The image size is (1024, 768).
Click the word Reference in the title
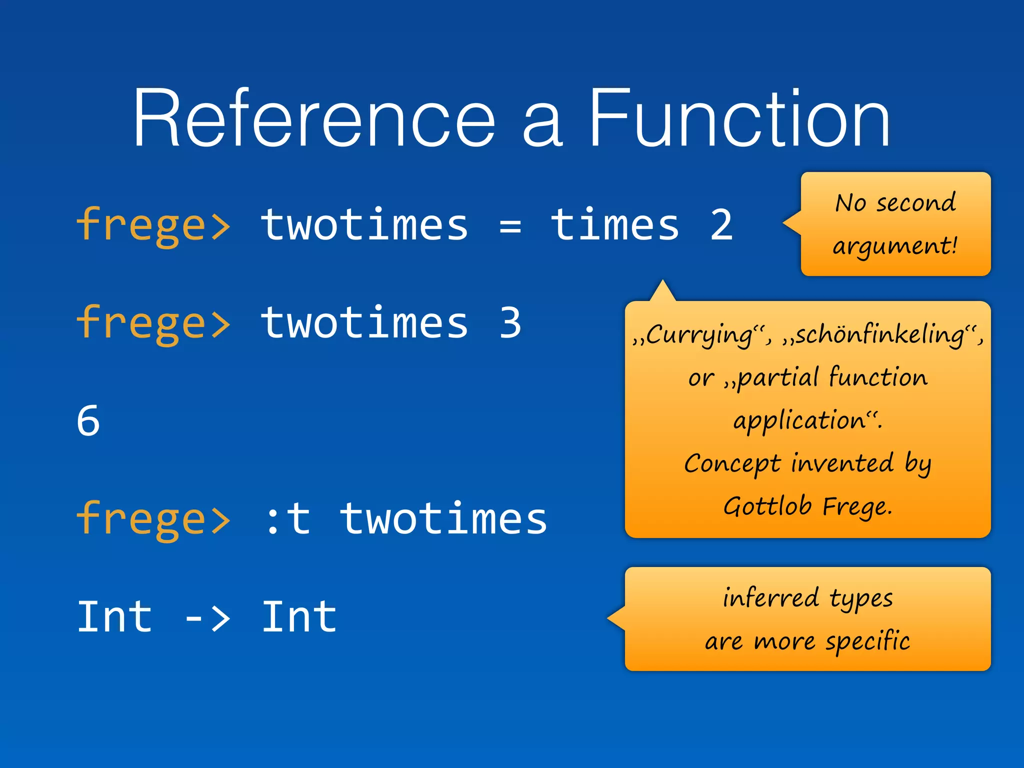314,119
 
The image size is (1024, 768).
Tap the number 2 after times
721,225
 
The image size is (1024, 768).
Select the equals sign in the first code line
510,226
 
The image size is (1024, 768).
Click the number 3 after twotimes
510,323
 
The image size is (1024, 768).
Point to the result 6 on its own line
88,421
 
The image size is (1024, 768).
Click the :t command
288,519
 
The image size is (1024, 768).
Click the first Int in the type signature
115,617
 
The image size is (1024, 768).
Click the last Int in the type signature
299,617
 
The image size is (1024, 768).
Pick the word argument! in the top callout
895,246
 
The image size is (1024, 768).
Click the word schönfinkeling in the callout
880,334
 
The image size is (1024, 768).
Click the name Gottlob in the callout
767,506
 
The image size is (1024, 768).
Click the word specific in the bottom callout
867,641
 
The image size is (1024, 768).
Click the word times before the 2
615,225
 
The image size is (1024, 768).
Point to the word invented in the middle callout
842,463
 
